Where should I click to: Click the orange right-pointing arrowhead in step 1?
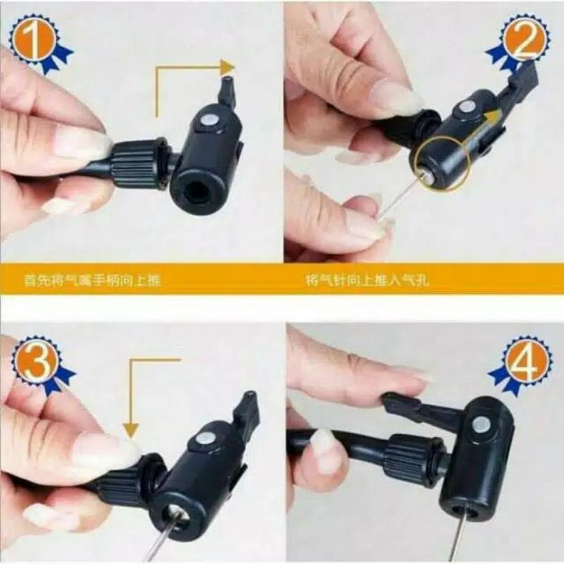click(227, 68)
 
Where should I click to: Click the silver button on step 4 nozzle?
click(482, 424)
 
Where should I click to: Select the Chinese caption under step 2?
click(367, 281)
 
